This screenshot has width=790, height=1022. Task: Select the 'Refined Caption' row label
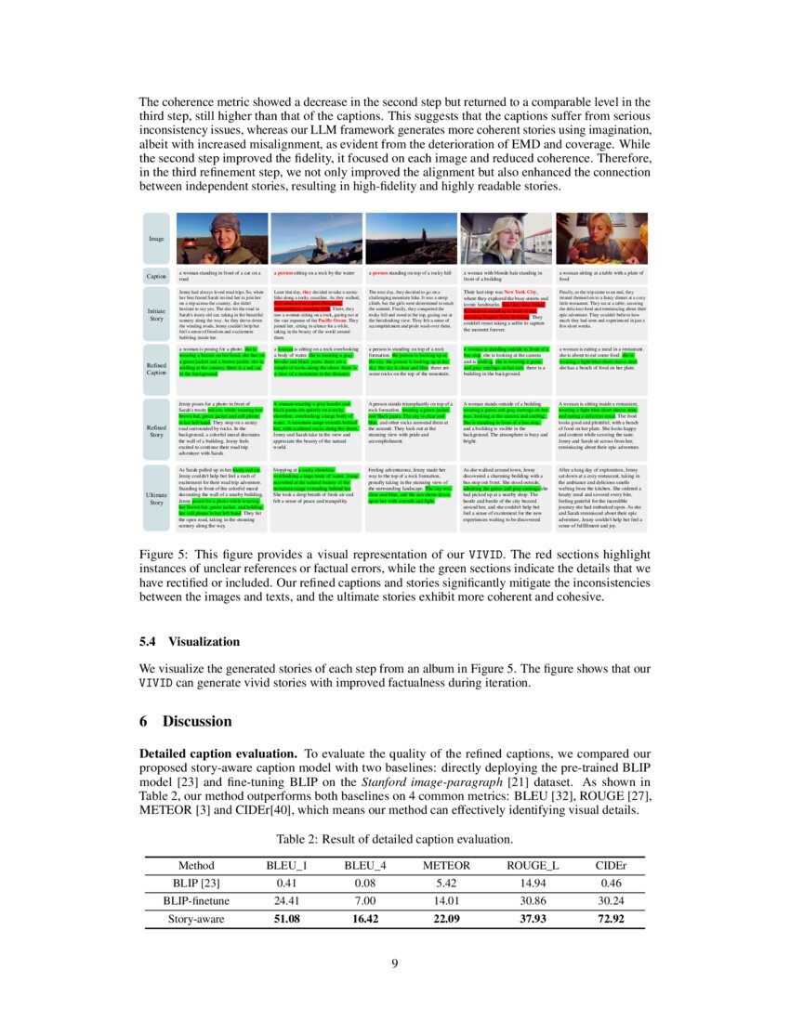click(x=156, y=368)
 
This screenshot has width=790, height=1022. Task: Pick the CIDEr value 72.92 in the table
click(x=610, y=919)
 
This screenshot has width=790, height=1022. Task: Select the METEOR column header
click(x=447, y=865)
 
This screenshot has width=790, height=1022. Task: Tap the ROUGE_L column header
click(x=532, y=865)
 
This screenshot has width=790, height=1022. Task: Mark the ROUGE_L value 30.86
click(x=532, y=900)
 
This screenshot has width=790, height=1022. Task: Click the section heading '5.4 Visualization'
click(x=189, y=641)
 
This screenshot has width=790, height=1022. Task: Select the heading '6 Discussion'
click(x=185, y=721)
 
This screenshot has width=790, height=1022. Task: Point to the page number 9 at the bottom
click(x=395, y=963)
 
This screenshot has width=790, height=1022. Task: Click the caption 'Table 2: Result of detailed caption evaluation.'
click(x=395, y=839)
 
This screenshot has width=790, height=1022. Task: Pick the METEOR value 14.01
click(x=447, y=900)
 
